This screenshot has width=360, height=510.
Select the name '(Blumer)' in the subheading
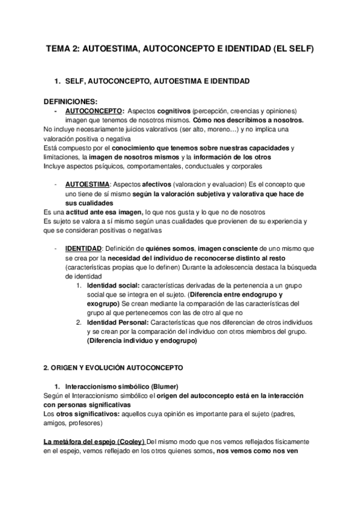coord(164,385)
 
